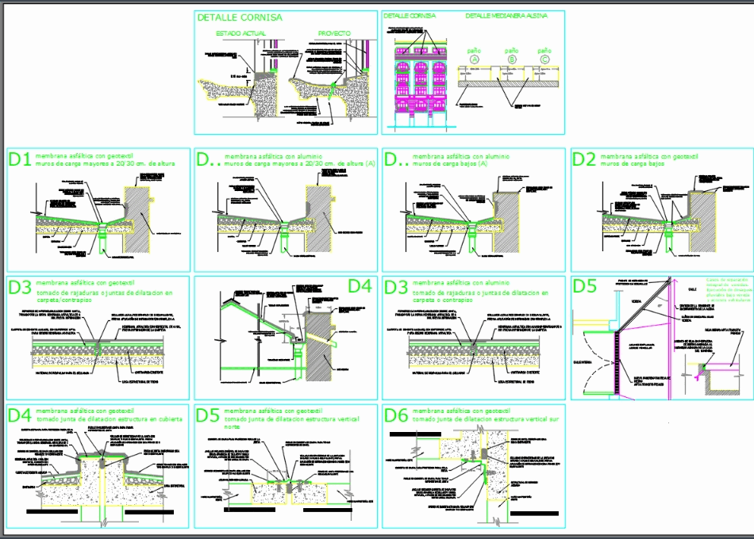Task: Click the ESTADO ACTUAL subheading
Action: click(x=241, y=33)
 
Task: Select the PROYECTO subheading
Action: click(x=334, y=33)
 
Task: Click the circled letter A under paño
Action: click(x=475, y=59)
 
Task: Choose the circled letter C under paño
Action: click(x=544, y=59)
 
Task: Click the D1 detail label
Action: click(x=20, y=159)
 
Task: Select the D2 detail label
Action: click(x=584, y=159)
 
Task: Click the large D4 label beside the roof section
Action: click(x=360, y=285)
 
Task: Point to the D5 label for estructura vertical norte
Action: click(x=207, y=415)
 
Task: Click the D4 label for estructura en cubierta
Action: click(x=20, y=415)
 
